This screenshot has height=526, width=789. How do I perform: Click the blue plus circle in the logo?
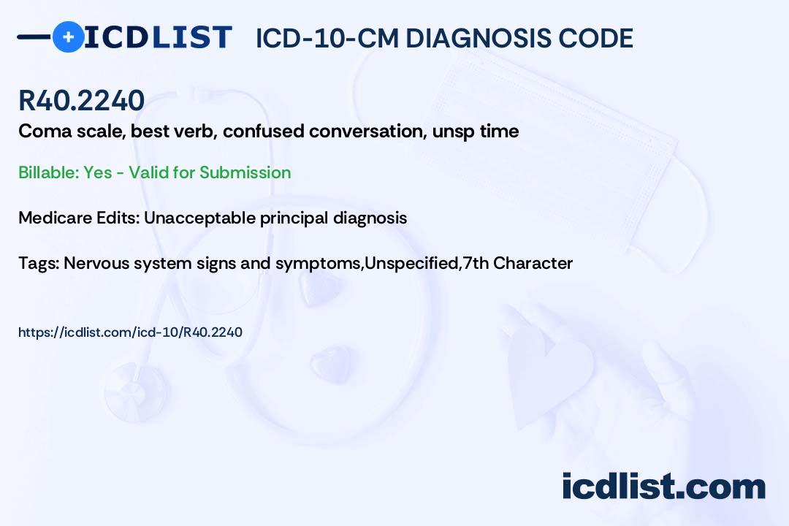tap(69, 37)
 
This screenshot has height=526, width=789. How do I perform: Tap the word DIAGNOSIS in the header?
tap(471, 38)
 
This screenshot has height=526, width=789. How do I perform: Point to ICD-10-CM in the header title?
tap(327, 38)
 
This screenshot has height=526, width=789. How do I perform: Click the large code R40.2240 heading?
tap(82, 100)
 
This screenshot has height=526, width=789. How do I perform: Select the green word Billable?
tap(48, 172)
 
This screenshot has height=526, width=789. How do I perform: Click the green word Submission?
tap(245, 172)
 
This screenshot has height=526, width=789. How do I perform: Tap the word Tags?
tap(38, 263)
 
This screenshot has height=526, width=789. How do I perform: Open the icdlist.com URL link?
tap(130, 332)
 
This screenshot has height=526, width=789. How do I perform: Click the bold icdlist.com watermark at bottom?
tap(663, 487)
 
